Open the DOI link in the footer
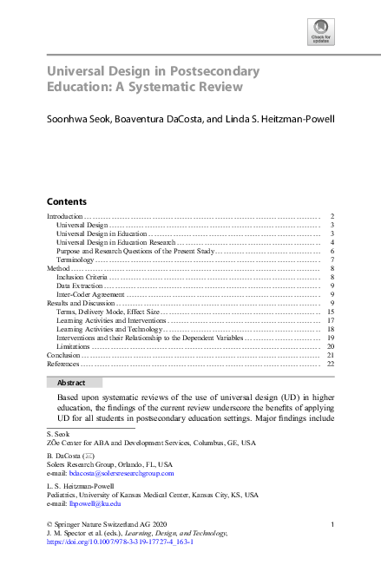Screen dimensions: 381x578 pyautogui.click(x=119, y=542)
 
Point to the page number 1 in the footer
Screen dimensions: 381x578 pyautogui.click(x=332, y=524)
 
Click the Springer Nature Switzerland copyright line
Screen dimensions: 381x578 pyautogui.click(x=106, y=524)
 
